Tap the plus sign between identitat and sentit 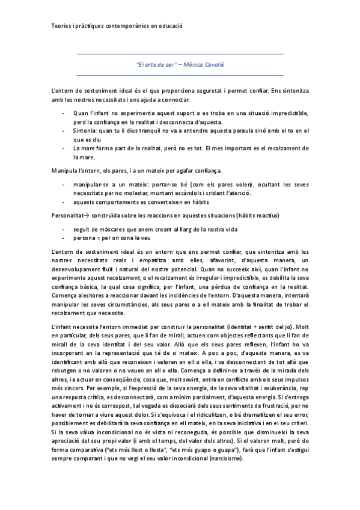click(x=257, y=326)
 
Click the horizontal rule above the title click(x=180, y=54)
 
